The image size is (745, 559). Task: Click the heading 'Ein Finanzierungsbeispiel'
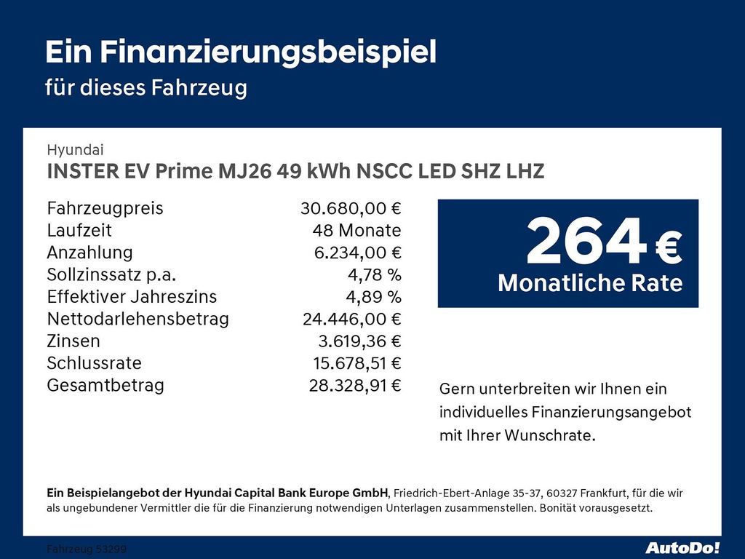coord(241,52)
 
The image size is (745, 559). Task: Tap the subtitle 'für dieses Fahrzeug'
coord(146,88)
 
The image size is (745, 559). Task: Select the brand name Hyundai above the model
coord(75,150)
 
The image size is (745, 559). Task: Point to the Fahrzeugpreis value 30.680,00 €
coord(351,209)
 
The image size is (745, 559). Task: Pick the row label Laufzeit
coord(79,231)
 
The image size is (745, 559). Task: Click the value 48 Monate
coord(356,231)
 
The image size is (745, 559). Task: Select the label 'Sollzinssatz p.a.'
coord(111,275)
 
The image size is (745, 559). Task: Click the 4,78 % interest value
coord(374,275)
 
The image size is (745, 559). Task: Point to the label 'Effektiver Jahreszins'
coord(132,297)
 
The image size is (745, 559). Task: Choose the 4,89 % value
coord(374,297)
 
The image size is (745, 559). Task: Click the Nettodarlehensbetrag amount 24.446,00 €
coord(351,319)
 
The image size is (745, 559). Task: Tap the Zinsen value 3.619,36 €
coord(356,341)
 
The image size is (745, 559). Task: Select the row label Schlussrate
coord(94,363)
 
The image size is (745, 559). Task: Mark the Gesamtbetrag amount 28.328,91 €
coord(355,385)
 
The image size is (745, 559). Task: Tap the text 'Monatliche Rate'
coord(590,283)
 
